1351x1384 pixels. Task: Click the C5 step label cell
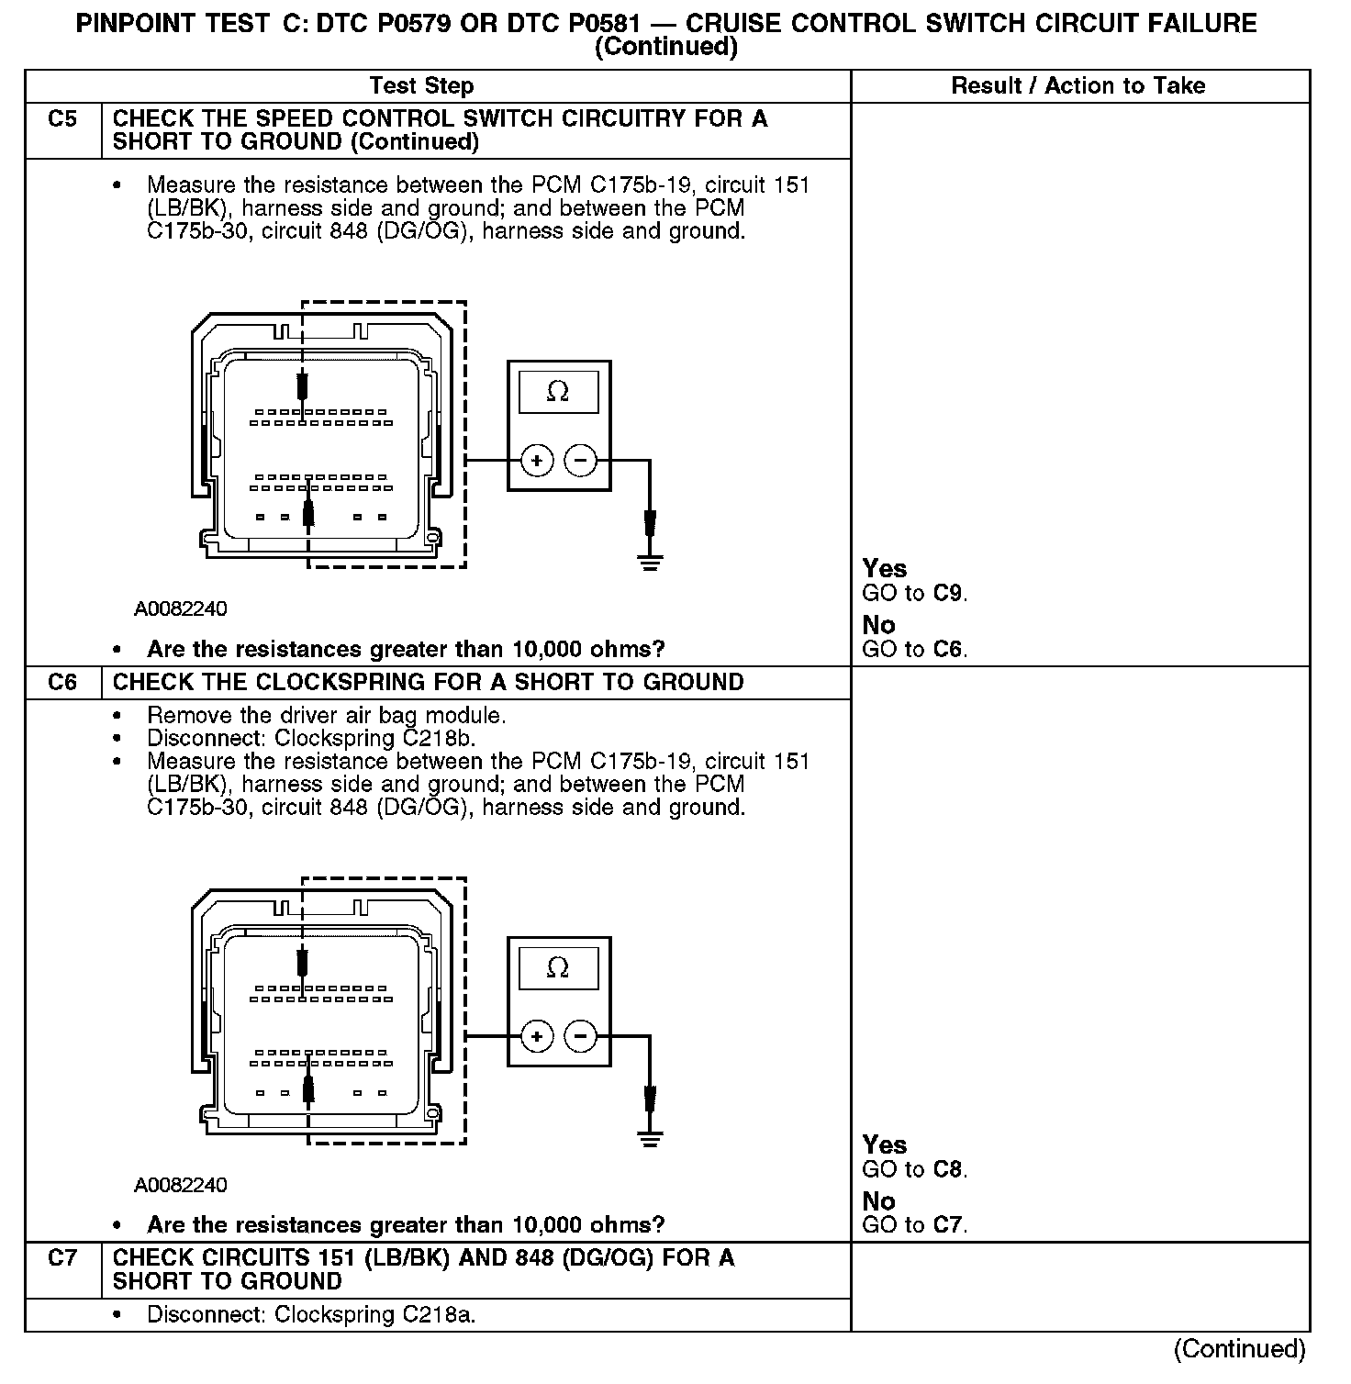(x=62, y=119)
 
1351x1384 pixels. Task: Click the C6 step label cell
(x=62, y=683)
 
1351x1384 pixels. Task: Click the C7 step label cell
(x=62, y=1258)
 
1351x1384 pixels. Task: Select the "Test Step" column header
(x=421, y=86)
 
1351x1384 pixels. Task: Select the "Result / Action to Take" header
(x=1078, y=86)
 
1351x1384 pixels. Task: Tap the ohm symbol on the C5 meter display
(x=558, y=392)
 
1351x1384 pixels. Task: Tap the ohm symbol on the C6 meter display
(x=558, y=968)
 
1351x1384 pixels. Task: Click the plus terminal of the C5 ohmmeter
(x=537, y=461)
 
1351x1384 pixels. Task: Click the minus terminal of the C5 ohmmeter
(x=580, y=461)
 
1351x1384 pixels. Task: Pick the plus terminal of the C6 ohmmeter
(x=537, y=1037)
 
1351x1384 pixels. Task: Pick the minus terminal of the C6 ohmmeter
(x=580, y=1037)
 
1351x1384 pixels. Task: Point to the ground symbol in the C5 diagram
(x=650, y=562)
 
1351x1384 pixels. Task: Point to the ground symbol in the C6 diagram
(x=650, y=1138)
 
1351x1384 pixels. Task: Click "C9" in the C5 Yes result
(x=948, y=594)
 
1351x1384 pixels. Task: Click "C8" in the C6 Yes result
(x=948, y=1170)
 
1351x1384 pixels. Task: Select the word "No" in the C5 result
(x=878, y=626)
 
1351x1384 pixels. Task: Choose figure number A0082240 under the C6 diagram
(x=181, y=1185)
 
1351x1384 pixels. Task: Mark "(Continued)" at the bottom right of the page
(x=1239, y=1349)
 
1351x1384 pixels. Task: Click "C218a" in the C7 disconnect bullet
(x=439, y=1315)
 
